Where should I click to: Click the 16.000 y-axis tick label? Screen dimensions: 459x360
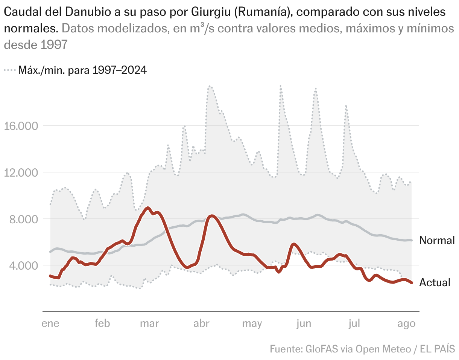tap(21, 126)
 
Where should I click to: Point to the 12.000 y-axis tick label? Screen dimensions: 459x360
tap(21, 173)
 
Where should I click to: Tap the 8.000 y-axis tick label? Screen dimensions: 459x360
tap(24, 219)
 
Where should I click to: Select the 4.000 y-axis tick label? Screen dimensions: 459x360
tap(24, 266)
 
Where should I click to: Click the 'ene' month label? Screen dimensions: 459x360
tap(50, 323)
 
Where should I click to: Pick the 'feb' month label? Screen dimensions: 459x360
tap(102, 323)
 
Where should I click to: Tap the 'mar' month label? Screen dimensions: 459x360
tap(149, 323)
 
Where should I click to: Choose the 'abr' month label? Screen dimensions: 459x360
tap(201, 323)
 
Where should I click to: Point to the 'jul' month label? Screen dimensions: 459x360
tap(354, 323)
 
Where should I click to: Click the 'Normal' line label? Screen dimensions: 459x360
tap(437, 240)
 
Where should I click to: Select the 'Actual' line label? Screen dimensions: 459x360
tap(435, 282)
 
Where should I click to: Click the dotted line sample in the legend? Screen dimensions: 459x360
tap(10, 70)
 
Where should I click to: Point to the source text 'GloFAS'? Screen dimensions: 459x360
tap(322, 349)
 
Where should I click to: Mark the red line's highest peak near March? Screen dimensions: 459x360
tap(147, 208)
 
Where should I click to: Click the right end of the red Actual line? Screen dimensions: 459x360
tap(412, 283)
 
